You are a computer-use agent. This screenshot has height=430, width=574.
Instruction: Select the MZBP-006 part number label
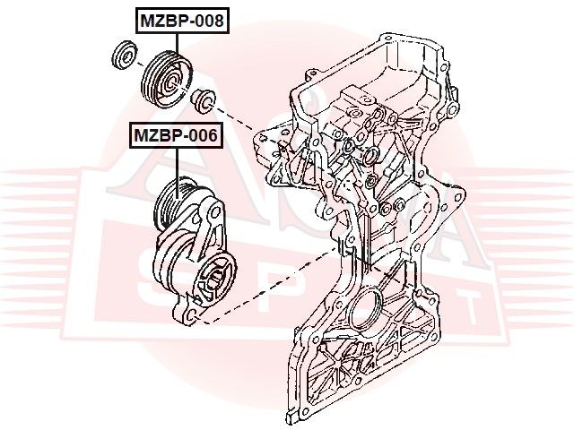178,137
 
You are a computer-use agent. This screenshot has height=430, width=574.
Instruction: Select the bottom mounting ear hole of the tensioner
191,315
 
